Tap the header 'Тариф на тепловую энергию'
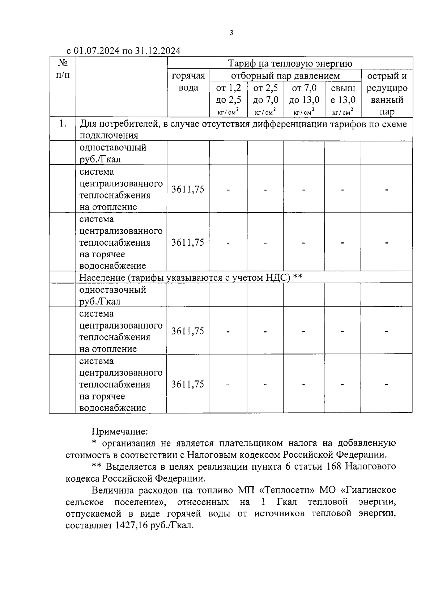[290, 64]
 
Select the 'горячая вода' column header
[188, 82]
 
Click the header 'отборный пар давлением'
[285, 76]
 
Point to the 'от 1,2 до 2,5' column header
[229, 94]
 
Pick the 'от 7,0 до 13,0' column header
[304, 94]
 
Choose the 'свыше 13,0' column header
[343, 94]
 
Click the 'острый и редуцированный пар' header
[387, 94]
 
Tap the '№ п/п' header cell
[63, 69]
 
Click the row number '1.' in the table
[63, 124]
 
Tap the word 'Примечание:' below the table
[120, 432]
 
